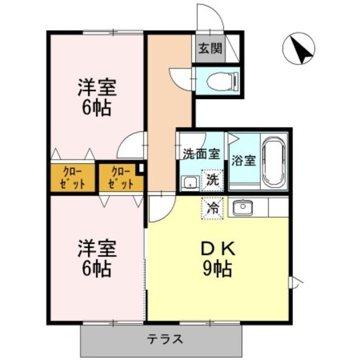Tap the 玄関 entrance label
click(209, 48)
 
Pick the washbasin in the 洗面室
click(190, 182)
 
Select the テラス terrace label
click(165, 339)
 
